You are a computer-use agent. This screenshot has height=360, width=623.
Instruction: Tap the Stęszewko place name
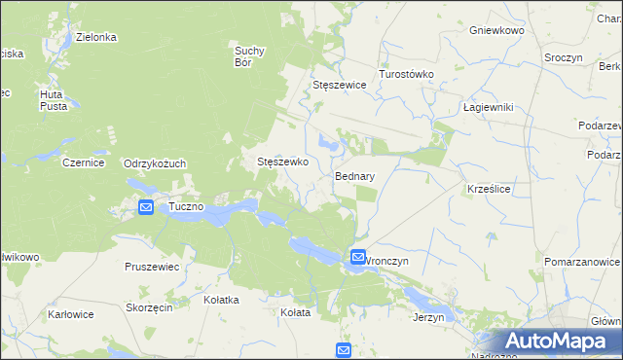[x=281, y=162]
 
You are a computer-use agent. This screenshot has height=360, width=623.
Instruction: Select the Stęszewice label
[x=339, y=86]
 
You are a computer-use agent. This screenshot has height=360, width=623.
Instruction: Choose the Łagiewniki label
[x=488, y=107]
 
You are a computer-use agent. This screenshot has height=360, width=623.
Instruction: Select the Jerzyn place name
[x=428, y=317]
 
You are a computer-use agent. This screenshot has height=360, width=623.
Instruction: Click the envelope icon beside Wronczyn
[x=357, y=258]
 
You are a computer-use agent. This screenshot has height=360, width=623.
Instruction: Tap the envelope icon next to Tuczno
[x=145, y=207]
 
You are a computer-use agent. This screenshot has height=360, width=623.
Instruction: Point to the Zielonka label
[x=95, y=37]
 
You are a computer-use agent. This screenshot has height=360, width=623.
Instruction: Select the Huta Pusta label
[x=53, y=99]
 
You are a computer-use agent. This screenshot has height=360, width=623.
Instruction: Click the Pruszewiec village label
[x=152, y=266]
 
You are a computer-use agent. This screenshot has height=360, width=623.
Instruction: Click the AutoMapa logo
[x=556, y=342]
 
